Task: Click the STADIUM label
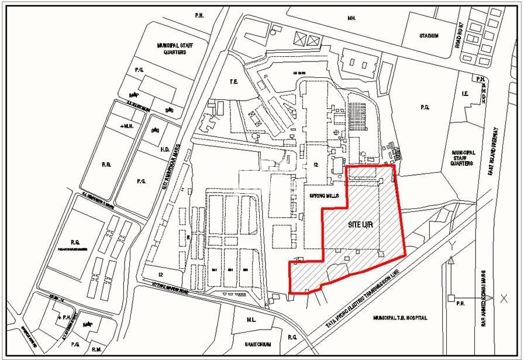click(429, 36)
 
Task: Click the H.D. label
click(164, 149)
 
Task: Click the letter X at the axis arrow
click(504, 299)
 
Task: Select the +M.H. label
click(126, 126)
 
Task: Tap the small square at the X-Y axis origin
click(451, 299)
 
